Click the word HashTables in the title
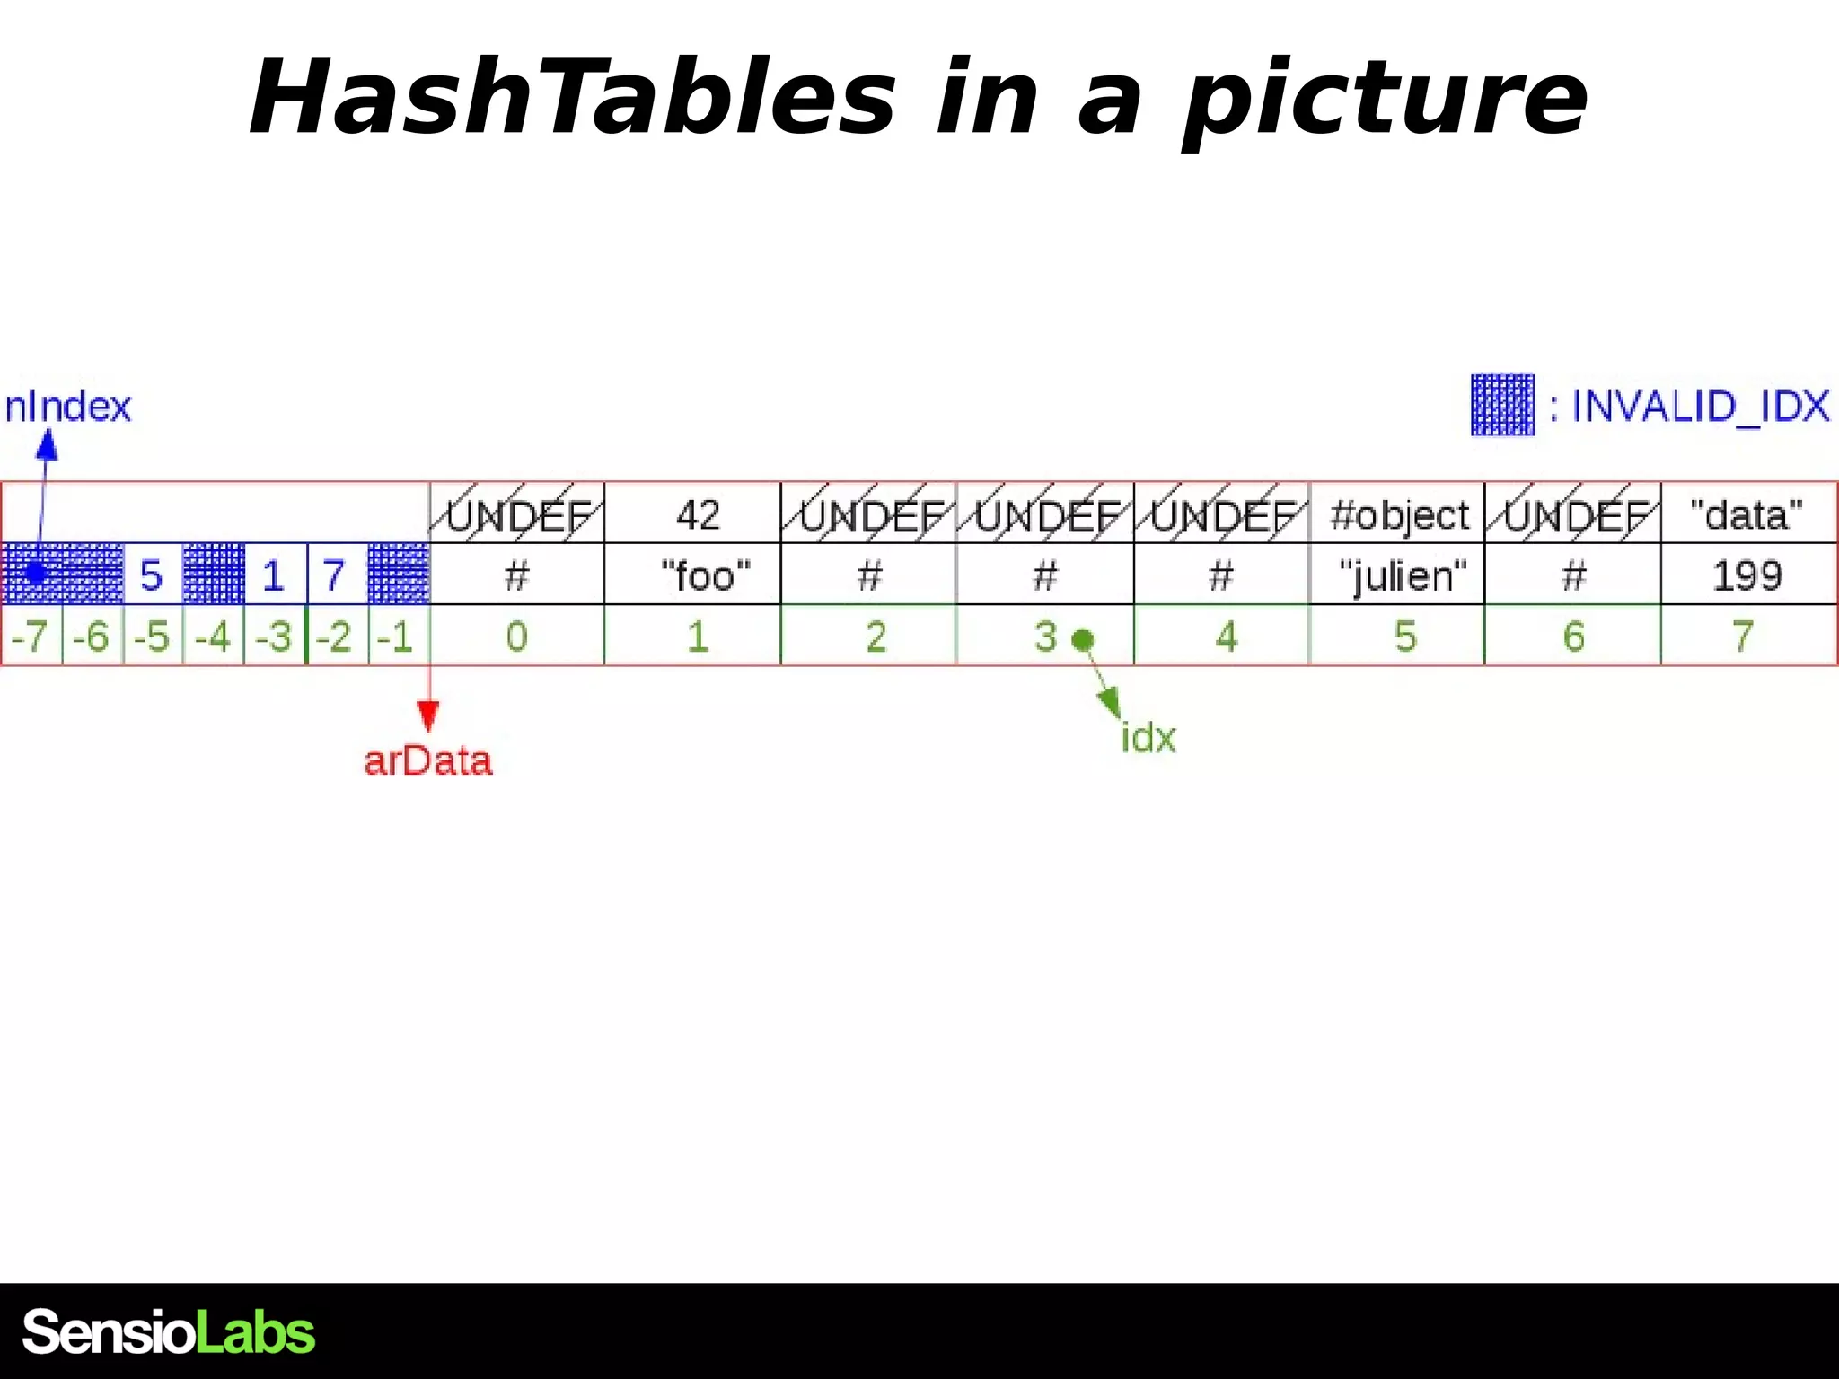pos(572,97)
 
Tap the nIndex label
pos(68,407)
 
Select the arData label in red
pos(428,761)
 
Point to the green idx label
pos(1148,738)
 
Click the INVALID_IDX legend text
pos(1700,407)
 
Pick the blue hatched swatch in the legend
pos(1502,405)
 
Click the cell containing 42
pos(698,514)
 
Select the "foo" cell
pos(705,575)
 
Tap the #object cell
pos(1399,514)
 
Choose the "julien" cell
pos(1403,575)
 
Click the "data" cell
pos(1747,514)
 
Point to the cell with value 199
pos(1747,575)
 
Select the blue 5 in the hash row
pos(152,575)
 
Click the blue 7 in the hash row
pos(334,575)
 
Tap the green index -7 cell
pos(31,637)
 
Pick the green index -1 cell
pos(396,637)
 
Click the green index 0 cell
pos(516,637)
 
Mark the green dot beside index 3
pos(1084,639)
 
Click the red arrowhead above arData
pos(428,716)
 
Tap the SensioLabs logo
pos(169,1331)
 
